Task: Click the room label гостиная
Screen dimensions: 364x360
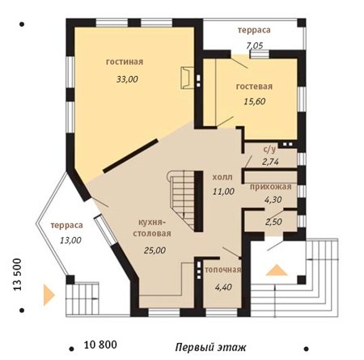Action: [125, 61]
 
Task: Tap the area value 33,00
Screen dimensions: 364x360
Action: [127, 79]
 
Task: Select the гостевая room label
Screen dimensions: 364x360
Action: [254, 87]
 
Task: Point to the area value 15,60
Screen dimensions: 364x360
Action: [255, 101]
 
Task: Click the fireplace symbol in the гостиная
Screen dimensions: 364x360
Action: [187, 78]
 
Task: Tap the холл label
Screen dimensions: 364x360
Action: [222, 177]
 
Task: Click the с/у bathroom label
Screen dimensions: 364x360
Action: [269, 150]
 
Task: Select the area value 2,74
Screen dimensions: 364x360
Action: [270, 162]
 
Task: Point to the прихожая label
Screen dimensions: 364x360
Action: [271, 187]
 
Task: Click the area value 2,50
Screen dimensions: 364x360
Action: [273, 222]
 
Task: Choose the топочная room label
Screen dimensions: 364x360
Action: [222, 269]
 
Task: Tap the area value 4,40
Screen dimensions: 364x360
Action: [223, 287]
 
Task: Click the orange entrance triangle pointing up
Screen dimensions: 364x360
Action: [277, 270]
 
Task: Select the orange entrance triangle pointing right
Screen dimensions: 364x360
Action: [49, 295]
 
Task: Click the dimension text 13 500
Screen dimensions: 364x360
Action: [17, 274]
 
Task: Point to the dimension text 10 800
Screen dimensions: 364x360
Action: [100, 345]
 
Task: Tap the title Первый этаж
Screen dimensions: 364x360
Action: [210, 347]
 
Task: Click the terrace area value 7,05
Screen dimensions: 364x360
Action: [255, 45]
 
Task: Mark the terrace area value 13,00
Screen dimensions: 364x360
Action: [70, 240]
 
